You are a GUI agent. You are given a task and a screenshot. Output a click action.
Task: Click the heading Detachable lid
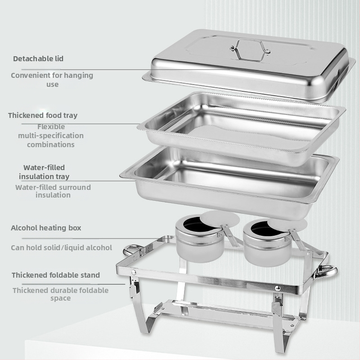pyautogui.click(x=38, y=59)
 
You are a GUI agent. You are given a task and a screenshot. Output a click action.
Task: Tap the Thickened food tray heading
pyautogui.click(x=43, y=115)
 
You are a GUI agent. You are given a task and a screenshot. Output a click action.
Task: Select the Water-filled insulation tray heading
pyautogui.click(x=44, y=172)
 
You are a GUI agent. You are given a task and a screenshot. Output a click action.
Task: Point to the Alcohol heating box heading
pyautogui.click(x=46, y=228)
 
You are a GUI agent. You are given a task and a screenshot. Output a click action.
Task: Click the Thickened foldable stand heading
pyautogui.click(x=56, y=275)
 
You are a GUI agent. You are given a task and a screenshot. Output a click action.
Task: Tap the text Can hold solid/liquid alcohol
pyautogui.click(x=62, y=248)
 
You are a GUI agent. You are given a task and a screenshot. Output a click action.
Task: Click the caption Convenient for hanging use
pyautogui.click(x=52, y=80)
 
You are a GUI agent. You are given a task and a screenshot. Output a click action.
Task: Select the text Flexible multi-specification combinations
pyautogui.click(x=51, y=136)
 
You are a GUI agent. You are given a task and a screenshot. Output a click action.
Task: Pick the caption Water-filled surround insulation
pyautogui.click(x=53, y=191)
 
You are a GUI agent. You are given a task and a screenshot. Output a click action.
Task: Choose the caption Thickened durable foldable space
pyautogui.click(x=61, y=294)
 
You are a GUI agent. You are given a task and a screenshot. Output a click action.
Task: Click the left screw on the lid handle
pyautogui.click(x=233, y=48)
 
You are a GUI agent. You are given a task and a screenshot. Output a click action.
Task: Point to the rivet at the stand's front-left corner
pyautogui.click(x=134, y=273)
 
